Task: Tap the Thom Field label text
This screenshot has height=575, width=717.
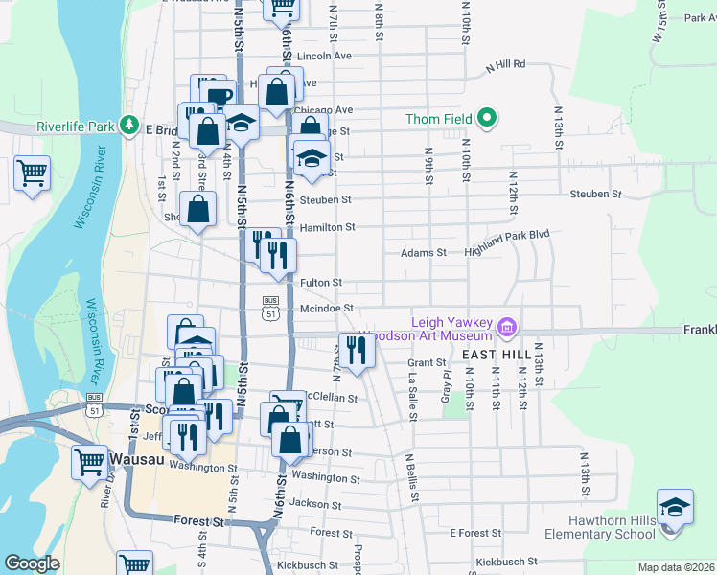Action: pyautogui.click(x=443, y=119)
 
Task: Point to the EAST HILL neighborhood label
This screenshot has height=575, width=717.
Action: pyautogui.click(x=497, y=355)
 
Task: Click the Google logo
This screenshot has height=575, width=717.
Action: pyautogui.click(x=32, y=563)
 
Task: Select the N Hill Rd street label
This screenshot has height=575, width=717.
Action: pyautogui.click(x=506, y=65)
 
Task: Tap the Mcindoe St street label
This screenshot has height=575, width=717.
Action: pyautogui.click(x=327, y=308)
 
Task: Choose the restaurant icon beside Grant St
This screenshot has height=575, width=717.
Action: pyautogui.click(x=357, y=350)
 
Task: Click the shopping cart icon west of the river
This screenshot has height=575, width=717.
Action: pyautogui.click(x=32, y=173)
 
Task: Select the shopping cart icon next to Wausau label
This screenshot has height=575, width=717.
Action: pyautogui.click(x=89, y=461)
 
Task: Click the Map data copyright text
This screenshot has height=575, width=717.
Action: pyautogui.click(x=676, y=567)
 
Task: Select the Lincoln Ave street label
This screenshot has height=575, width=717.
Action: pyautogui.click(x=326, y=56)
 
